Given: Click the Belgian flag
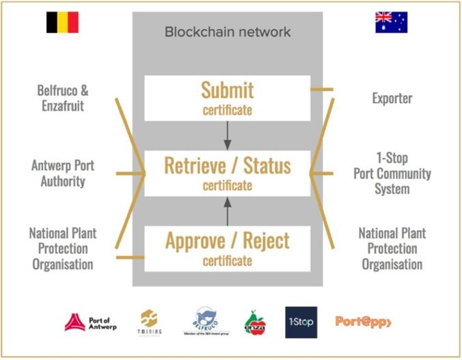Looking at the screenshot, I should pos(62,23).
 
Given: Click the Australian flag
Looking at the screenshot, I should pos(391,22).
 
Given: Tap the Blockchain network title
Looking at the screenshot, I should pos(228,32).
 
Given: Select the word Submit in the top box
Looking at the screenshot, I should pos(227,90).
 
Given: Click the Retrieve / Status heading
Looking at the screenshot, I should pos(227,165).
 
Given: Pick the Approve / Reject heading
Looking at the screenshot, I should pos(227,240).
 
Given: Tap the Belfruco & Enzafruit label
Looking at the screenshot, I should pos(63,97).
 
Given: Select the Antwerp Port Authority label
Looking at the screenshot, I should pos(63,173).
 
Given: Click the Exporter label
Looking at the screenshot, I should pos(392,98).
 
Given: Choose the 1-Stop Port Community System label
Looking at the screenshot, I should pos(392,173).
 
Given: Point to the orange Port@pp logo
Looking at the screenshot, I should pos(363,320).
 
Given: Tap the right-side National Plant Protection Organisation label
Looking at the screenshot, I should pos(392,248).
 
